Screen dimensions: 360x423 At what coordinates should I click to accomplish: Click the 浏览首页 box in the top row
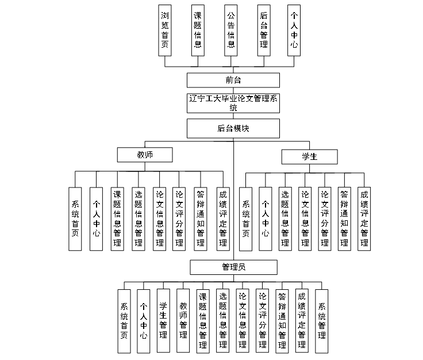[165, 30]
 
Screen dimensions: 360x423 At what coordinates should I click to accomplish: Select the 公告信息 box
[230, 30]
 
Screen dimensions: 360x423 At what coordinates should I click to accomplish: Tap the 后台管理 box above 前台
[263, 30]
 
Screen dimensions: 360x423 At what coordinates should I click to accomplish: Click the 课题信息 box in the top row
[198, 30]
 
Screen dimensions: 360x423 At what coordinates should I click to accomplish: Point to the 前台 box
[233, 80]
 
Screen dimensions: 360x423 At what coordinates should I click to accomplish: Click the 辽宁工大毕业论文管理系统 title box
[233, 103]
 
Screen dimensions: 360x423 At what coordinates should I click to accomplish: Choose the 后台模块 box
[233, 128]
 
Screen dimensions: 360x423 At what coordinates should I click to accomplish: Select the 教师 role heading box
[144, 155]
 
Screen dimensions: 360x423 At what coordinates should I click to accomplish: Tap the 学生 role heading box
[309, 157]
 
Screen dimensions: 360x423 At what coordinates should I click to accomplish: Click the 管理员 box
[233, 267]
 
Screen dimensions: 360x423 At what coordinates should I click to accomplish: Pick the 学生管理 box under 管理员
[163, 320]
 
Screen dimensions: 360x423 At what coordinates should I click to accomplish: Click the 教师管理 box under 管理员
[183, 320]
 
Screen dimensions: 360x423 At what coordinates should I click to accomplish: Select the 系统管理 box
[322, 320]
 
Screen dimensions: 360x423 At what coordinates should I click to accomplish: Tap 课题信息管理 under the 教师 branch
[117, 219]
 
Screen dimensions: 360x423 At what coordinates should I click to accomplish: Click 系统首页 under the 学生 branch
[246, 219]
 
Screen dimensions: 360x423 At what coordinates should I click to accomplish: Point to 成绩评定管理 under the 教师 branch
[222, 219]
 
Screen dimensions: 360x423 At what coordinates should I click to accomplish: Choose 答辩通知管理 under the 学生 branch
[344, 219]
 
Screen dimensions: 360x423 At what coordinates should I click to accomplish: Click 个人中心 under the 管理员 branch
[144, 320]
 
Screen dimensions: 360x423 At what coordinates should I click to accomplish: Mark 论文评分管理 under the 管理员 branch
[262, 320]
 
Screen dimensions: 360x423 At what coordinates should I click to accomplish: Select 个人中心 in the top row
[294, 30]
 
